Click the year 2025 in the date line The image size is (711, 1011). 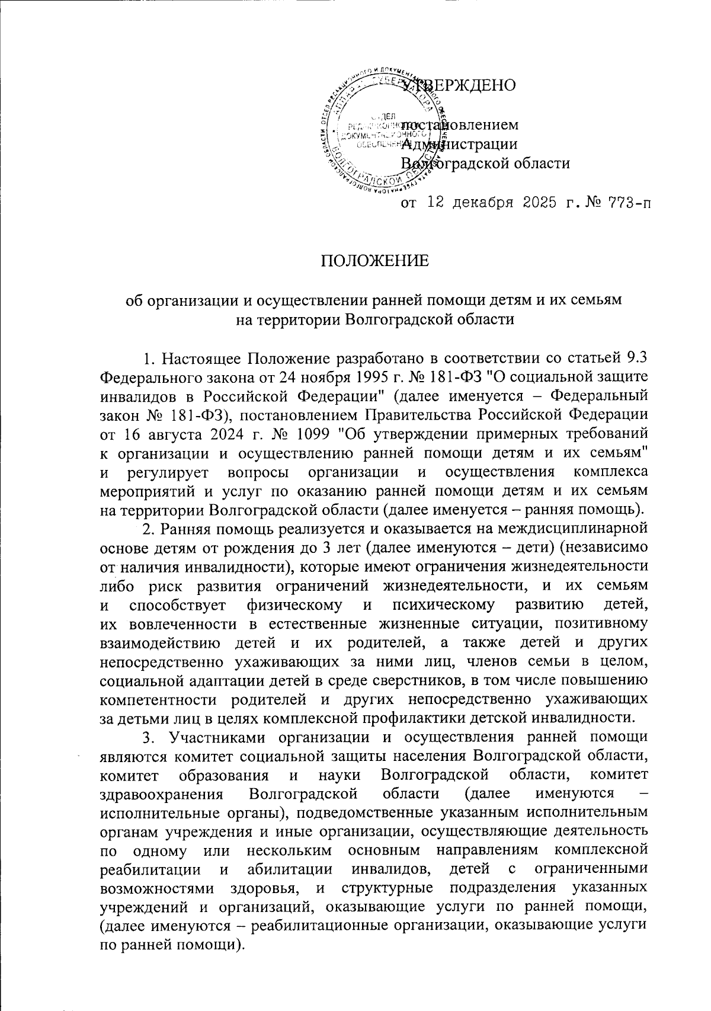(539, 204)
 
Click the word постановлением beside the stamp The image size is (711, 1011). (460, 125)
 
